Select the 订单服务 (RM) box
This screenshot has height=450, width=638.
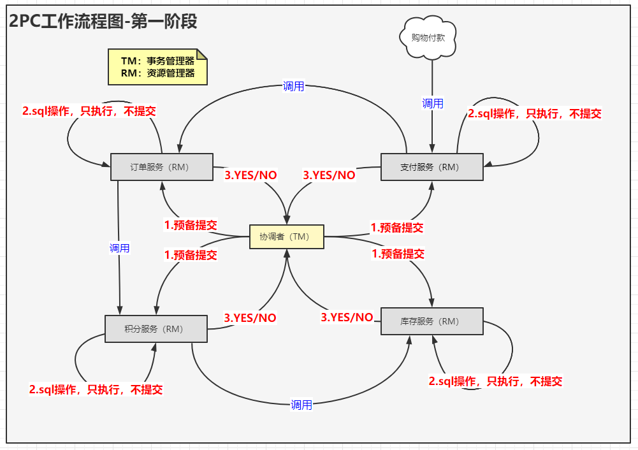(161, 167)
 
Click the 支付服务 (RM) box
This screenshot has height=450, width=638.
(432, 167)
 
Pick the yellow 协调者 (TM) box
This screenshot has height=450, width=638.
(286, 236)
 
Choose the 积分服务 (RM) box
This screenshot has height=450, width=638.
(156, 329)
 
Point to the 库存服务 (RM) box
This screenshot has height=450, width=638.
(431, 321)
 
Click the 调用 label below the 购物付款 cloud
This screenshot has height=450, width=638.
(433, 103)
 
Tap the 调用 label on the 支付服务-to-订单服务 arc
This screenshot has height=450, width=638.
(294, 87)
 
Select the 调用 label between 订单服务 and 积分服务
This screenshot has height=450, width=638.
(119, 248)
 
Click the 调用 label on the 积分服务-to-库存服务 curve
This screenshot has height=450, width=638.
(301, 405)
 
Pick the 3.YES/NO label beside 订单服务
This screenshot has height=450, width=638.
(250, 175)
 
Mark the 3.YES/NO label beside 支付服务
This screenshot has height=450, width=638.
(329, 175)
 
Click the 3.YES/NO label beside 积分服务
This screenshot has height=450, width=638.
(250, 317)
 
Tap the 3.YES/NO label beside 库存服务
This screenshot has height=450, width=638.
(347, 317)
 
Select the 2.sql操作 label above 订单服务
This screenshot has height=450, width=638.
(89, 111)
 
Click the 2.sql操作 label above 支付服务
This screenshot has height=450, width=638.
(535, 113)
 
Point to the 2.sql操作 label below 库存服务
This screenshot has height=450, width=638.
(495, 381)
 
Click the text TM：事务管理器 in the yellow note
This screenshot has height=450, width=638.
(157, 61)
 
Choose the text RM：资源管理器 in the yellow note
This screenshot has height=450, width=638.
(157, 73)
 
